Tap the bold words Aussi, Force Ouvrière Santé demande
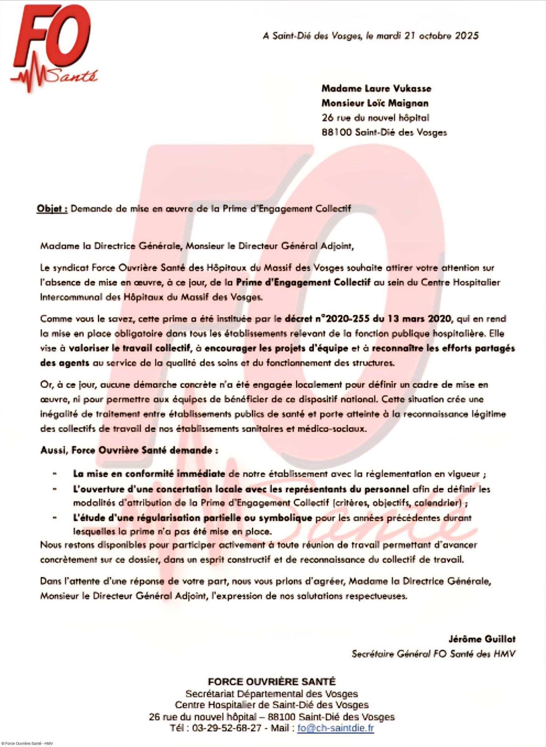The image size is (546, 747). (x=129, y=450)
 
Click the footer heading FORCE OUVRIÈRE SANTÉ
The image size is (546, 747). (x=271, y=682)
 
